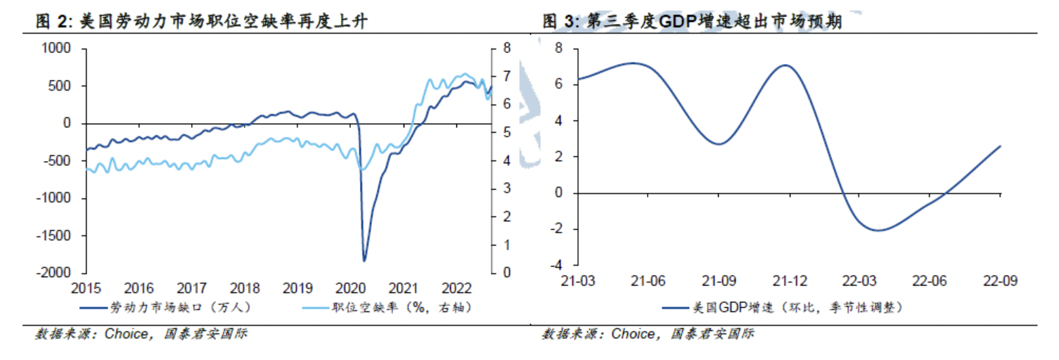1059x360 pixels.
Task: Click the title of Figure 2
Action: [x=204, y=22]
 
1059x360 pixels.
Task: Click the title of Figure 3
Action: [x=693, y=22]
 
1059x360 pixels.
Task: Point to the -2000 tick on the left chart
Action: [x=57, y=273]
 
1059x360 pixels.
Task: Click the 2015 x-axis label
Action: [x=86, y=288]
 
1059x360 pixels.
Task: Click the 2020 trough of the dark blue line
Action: [x=364, y=261]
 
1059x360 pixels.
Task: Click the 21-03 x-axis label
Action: [x=576, y=281]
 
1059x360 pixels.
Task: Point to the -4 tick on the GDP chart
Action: [x=558, y=266]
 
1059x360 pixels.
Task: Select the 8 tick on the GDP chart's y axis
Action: [x=560, y=49]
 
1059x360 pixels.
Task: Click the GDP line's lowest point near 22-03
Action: [x=878, y=230]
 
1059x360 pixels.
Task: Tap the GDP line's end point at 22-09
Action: [x=1000, y=146]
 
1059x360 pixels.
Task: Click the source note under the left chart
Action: [x=141, y=334]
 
